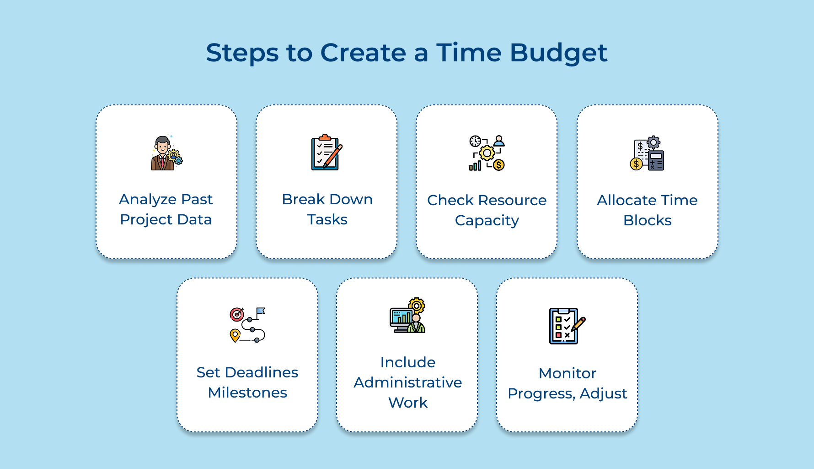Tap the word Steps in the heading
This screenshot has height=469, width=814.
[x=242, y=53]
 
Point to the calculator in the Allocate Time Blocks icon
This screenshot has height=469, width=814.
[x=656, y=160]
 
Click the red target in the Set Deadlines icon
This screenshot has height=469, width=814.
[x=237, y=314]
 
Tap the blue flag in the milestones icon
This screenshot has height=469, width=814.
[x=260, y=312]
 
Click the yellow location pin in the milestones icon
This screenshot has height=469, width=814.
[x=235, y=335]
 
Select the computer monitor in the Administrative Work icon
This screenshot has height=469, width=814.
[x=401, y=317]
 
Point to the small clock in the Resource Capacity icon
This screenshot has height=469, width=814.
[x=475, y=141]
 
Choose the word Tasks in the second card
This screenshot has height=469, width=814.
[x=327, y=220]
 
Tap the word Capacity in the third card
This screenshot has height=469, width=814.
[x=487, y=221]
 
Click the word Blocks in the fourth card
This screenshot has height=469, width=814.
[x=647, y=221]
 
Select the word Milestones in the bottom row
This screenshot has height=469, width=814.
[x=247, y=393]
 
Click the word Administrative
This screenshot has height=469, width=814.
[x=407, y=382]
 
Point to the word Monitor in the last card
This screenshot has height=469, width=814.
[x=567, y=374]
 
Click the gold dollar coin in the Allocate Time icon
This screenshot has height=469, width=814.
[x=636, y=164]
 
